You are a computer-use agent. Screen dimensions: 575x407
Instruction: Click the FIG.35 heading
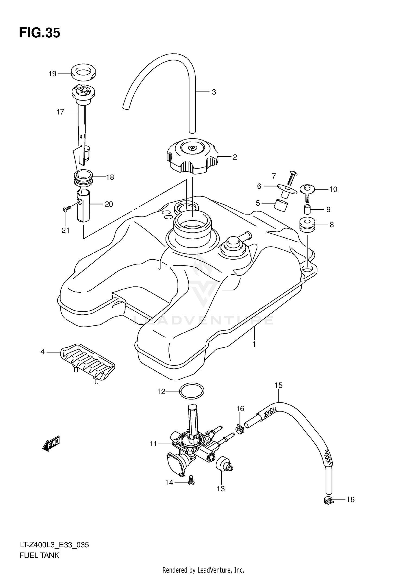click(40, 33)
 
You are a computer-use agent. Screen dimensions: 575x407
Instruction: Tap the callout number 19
click(52, 74)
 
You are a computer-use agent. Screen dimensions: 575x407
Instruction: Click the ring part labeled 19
click(84, 72)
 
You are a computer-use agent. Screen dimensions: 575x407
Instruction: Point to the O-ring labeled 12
click(192, 391)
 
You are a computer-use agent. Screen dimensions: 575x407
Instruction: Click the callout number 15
click(278, 385)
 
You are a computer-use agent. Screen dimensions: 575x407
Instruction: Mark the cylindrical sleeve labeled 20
click(83, 206)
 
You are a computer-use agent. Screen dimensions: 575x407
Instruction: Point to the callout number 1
click(254, 344)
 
